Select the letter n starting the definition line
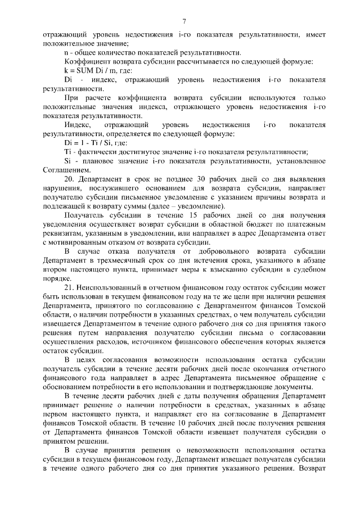pos(66,52)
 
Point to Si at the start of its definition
pos(67,161)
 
